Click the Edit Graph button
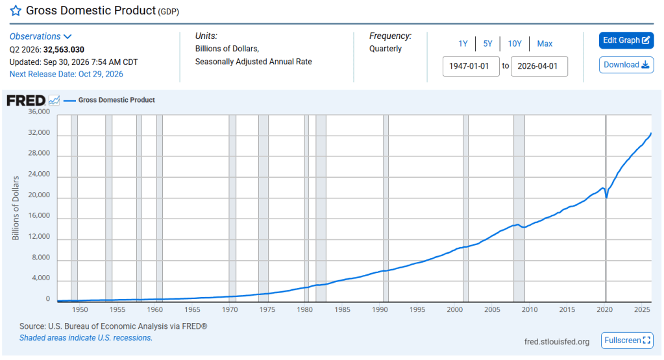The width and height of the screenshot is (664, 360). [x=626, y=40]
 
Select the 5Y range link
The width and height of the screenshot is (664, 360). [x=488, y=43]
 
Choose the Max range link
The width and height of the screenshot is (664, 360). [x=545, y=43]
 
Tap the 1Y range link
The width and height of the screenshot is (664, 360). [x=463, y=43]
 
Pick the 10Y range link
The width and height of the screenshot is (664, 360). [x=515, y=43]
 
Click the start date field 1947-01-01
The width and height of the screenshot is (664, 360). [x=471, y=66]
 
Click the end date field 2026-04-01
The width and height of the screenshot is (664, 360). [x=539, y=66]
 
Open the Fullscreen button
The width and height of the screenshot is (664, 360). [x=627, y=340]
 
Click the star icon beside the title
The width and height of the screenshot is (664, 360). [x=16, y=10]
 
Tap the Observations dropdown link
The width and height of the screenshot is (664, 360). [x=41, y=36]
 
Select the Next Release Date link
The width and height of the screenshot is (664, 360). [x=66, y=74]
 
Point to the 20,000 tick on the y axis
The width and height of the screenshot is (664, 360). [x=39, y=195]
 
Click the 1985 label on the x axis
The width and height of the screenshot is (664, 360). [x=342, y=309]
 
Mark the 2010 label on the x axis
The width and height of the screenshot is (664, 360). [x=530, y=309]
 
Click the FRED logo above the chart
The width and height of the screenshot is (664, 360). [x=26, y=101]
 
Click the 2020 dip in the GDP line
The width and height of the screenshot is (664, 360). [x=606, y=197]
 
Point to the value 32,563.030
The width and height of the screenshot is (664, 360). [x=64, y=49]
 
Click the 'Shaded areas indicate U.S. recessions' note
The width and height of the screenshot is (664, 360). [x=86, y=337]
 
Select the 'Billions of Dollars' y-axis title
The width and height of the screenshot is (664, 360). [x=16, y=208]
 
